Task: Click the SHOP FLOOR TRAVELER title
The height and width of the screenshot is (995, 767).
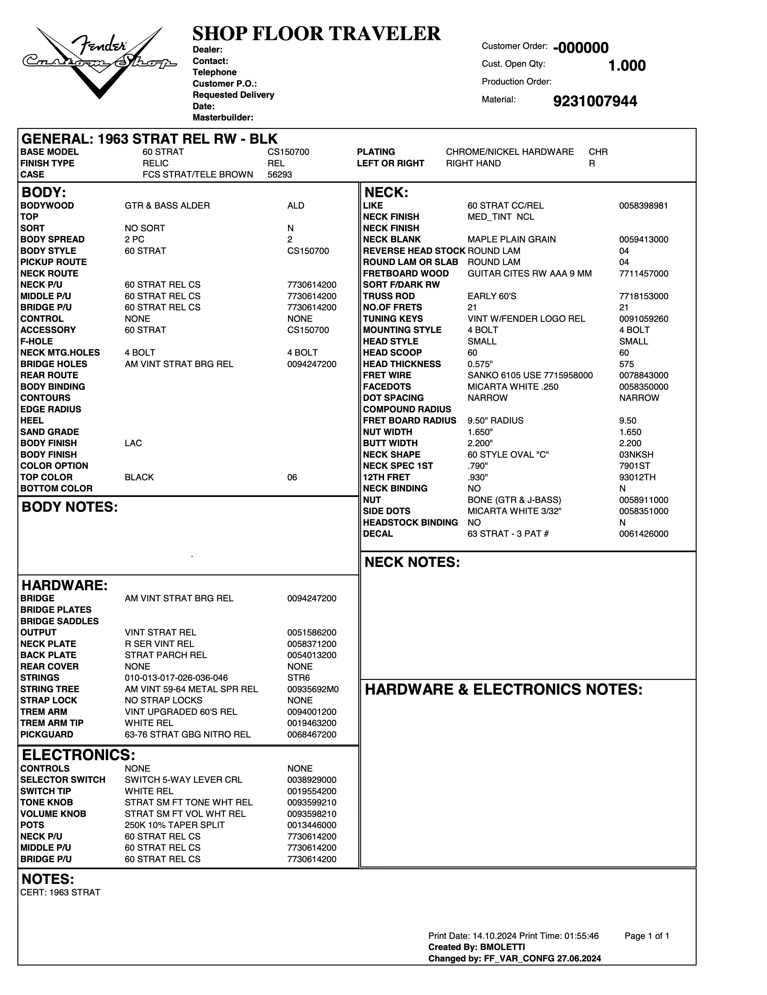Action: coord(316,34)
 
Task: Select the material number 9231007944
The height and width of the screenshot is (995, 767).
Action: coord(595,101)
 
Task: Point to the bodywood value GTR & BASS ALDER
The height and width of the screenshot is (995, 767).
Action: coord(167,206)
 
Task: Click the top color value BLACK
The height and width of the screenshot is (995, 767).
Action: coord(139,477)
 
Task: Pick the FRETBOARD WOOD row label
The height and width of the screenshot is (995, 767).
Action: coord(405,273)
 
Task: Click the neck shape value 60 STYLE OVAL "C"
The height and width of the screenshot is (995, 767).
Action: coord(507,454)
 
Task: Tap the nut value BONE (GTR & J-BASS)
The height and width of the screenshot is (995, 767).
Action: coord(514,500)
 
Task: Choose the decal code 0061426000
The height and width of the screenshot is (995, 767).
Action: coord(643,533)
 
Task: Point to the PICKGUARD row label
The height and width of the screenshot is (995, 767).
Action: coord(47,734)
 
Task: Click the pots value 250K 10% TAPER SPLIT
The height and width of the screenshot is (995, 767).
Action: coord(174,825)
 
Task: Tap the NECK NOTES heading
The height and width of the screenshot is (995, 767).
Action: coord(412,562)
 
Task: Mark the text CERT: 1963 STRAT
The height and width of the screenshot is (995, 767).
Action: coord(60,892)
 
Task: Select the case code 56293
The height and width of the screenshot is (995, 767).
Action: coord(280,174)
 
